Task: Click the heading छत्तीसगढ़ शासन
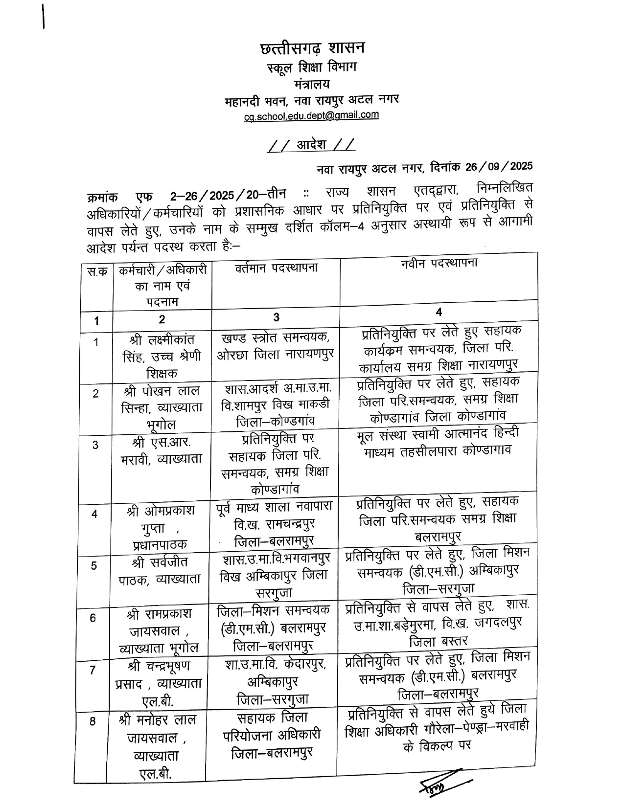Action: pyautogui.click(x=312, y=49)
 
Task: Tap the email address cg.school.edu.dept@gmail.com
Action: pyautogui.click(x=312, y=116)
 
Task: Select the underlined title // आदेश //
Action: pyautogui.click(x=312, y=145)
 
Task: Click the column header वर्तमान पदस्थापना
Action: pyautogui.click(x=276, y=268)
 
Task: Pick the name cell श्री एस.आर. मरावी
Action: pyautogui.click(x=162, y=450)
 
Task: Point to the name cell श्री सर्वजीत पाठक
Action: pyautogui.click(x=162, y=570)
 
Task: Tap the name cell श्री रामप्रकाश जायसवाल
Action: pyautogui.click(x=162, y=630)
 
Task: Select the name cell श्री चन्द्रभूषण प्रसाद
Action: pyautogui.click(x=162, y=683)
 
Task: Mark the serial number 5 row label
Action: pyautogui.click(x=94, y=566)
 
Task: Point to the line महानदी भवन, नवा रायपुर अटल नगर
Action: pyautogui.click(x=312, y=100)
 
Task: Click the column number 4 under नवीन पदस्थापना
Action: pyautogui.click(x=439, y=313)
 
